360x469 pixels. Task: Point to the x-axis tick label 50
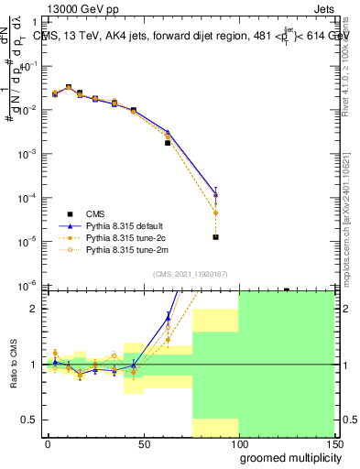(144, 443)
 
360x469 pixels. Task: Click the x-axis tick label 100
(239, 443)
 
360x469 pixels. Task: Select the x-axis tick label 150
(334, 443)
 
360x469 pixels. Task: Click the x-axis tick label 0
(48, 443)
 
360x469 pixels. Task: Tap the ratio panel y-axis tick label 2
(34, 309)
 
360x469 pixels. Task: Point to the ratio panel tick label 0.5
(30, 420)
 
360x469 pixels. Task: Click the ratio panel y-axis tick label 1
(34, 365)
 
